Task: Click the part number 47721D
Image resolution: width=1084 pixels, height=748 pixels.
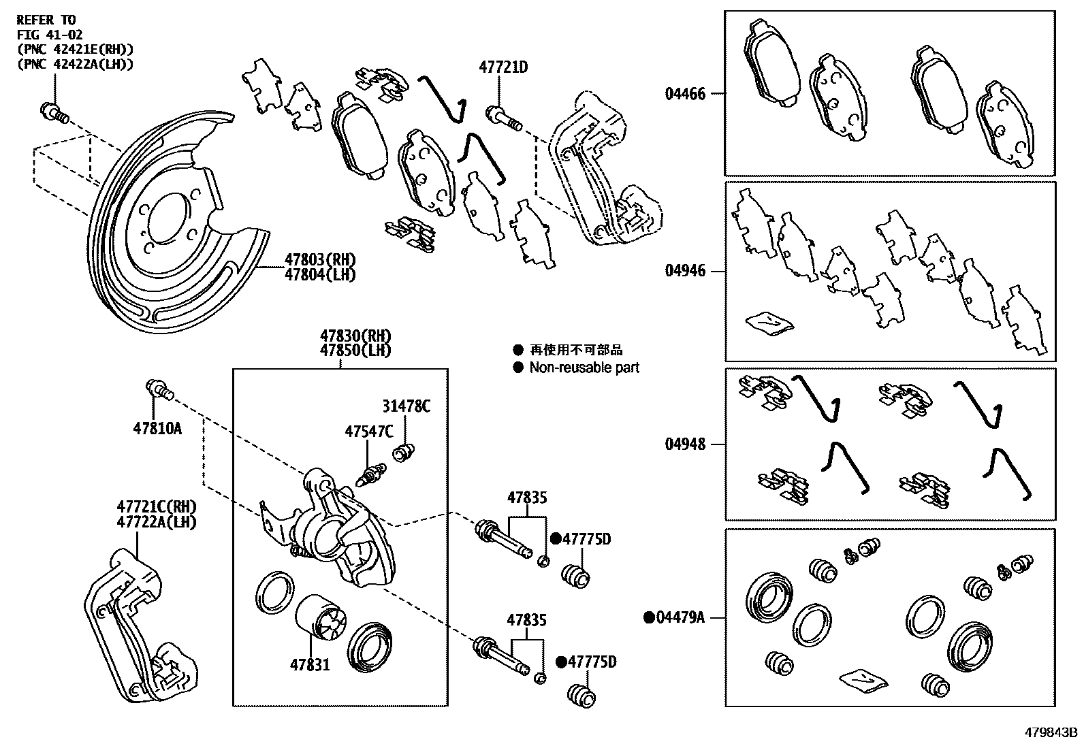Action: [x=503, y=67]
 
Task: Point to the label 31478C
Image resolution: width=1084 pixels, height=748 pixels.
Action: [x=406, y=406]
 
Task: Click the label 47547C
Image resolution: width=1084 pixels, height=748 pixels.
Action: [x=368, y=431]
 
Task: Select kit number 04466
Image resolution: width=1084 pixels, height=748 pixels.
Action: [x=685, y=93]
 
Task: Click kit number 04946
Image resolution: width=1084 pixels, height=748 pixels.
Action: [x=685, y=271]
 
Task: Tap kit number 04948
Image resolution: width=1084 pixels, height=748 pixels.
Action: [x=685, y=444]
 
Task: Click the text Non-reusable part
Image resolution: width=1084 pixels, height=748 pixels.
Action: [x=584, y=368]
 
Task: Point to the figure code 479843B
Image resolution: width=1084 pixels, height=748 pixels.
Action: [x=1052, y=732]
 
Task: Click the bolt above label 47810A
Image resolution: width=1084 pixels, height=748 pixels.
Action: [x=159, y=390]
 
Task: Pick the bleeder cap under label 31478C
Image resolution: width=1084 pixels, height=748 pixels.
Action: [x=406, y=450]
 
